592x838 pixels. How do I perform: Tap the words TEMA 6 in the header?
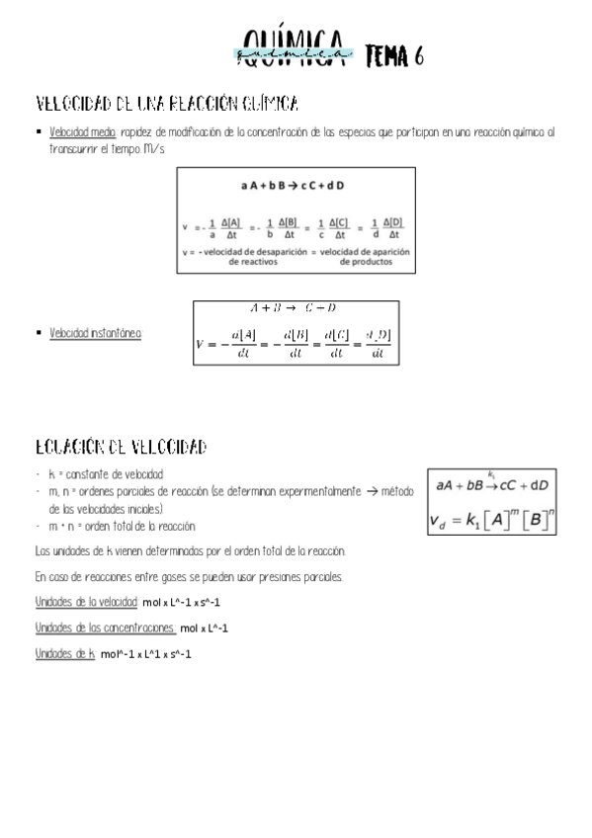pyautogui.click(x=394, y=57)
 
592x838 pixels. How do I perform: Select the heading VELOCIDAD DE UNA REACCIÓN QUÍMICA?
pyautogui.click(x=167, y=104)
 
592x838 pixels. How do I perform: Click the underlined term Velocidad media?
pyautogui.click(x=83, y=131)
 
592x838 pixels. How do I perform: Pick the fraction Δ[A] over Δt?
pyautogui.click(x=231, y=228)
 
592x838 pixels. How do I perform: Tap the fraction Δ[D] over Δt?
pyautogui.click(x=393, y=228)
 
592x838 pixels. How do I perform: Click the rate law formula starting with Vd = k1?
pyautogui.click(x=490, y=517)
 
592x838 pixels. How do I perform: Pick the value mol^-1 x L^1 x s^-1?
pyautogui.click(x=145, y=653)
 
